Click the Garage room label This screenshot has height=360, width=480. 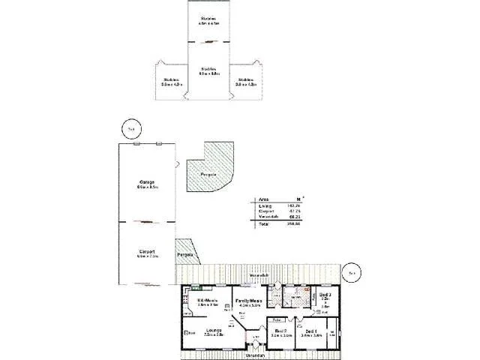point(146,181)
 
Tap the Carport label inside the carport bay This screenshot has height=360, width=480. point(146,252)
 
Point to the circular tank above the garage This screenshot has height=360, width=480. point(130,128)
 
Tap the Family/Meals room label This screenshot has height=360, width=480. point(248,301)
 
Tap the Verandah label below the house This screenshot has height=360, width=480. point(254,355)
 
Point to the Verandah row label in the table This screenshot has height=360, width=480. point(266,217)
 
